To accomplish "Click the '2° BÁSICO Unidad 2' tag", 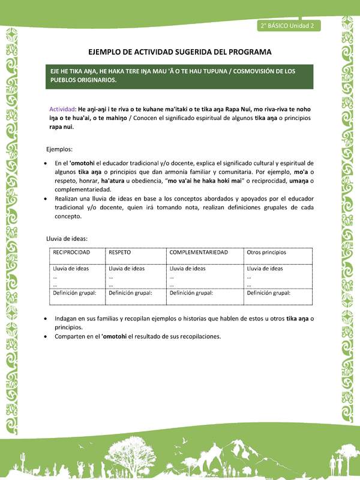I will tap(288, 26).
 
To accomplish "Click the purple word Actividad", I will tap(62, 109).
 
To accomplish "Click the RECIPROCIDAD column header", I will tap(71, 253).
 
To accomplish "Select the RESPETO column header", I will tap(120, 253).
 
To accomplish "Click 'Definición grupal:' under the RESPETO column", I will tap(130, 293).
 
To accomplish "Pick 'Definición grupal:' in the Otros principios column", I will tap(268, 293).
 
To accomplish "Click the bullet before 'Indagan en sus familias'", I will tap(47, 318).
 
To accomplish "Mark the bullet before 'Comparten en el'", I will tap(47, 337).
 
